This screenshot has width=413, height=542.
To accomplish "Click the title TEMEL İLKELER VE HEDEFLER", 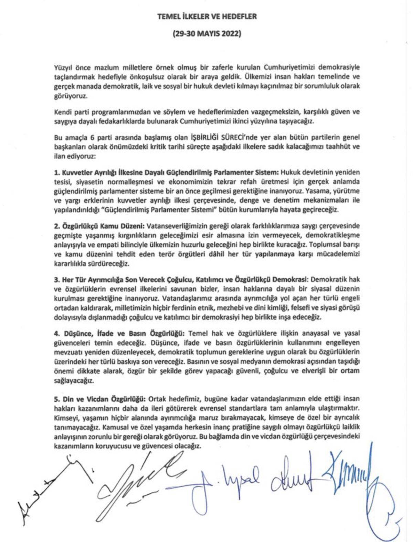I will (x=207, y=17).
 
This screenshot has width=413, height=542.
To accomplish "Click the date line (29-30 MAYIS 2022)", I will (x=207, y=34).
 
